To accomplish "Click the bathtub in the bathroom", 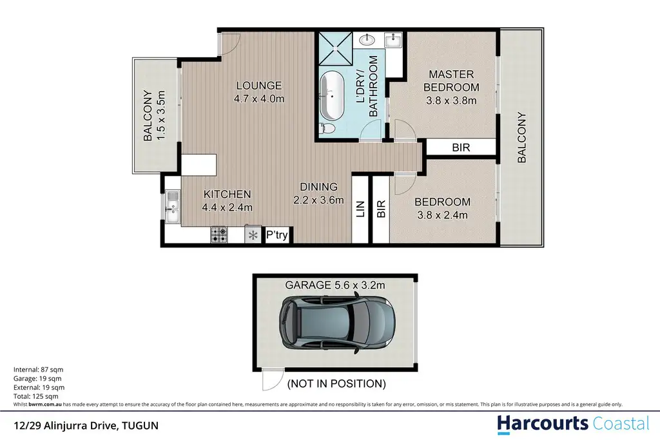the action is tap(332, 96).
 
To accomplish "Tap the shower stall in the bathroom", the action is tap(335, 48).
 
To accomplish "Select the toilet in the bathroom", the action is tap(327, 128).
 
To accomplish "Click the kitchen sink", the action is tap(173, 207).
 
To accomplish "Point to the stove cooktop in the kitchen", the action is tap(219, 234).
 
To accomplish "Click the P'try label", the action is tap(277, 234).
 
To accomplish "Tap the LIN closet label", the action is tap(360, 209).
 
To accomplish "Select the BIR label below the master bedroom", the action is tap(461, 148).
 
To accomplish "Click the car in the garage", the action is tap(337, 323).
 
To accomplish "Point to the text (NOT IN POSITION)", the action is tap(336, 384).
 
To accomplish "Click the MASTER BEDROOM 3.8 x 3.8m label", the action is tap(451, 88).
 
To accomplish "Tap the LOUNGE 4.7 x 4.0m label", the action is tap(259, 92).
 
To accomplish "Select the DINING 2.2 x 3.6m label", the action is tap(318, 193).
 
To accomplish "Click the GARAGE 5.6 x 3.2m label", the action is tap(335, 285).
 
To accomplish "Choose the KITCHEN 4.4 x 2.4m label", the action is tap(228, 200).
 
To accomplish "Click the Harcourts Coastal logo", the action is tap(573, 425).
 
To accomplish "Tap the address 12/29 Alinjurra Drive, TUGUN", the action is tap(86, 426).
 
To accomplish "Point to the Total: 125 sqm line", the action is tap(36, 396).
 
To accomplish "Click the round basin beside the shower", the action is tap(367, 40).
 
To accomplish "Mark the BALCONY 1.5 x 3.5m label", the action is tap(154, 116).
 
